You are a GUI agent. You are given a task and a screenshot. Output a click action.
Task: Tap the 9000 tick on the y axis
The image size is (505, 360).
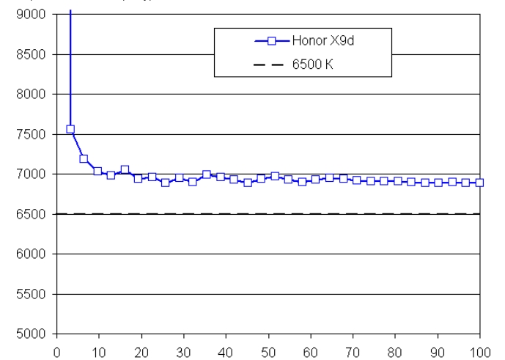pyautogui.click(x=34, y=15)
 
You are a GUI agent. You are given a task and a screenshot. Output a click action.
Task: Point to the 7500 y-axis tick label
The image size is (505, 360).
pyautogui.click(x=34, y=134)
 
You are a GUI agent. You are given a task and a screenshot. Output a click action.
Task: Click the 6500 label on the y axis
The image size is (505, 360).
pyautogui.click(x=34, y=214)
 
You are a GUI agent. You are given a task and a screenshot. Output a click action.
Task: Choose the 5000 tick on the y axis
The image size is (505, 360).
pyautogui.click(x=34, y=334)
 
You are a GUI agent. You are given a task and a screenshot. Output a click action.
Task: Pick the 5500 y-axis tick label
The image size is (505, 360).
pyautogui.click(x=34, y=294)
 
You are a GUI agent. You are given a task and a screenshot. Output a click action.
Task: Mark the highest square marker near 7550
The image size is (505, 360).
pyautogui.click(x=70, y=129)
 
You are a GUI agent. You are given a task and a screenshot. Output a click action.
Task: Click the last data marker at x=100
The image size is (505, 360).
pyautogui.click(x=479, y=183)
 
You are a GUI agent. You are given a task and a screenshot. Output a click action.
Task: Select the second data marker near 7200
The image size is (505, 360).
pyautogui.click(x=84, y=158)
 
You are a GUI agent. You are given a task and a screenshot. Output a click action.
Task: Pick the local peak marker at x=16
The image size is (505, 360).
pyautogui.click(x=125, y=169)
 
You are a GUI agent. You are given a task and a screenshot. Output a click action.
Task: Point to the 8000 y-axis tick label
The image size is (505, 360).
pyautogui.click(x=34, y=95)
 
